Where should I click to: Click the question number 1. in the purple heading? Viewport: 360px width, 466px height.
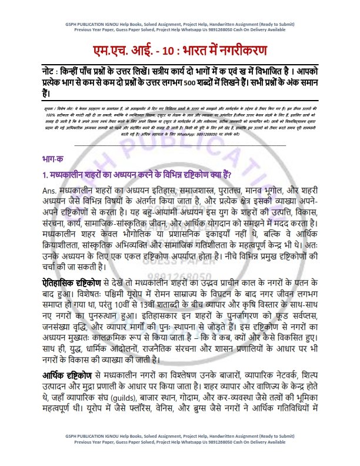tap(38, 175)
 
